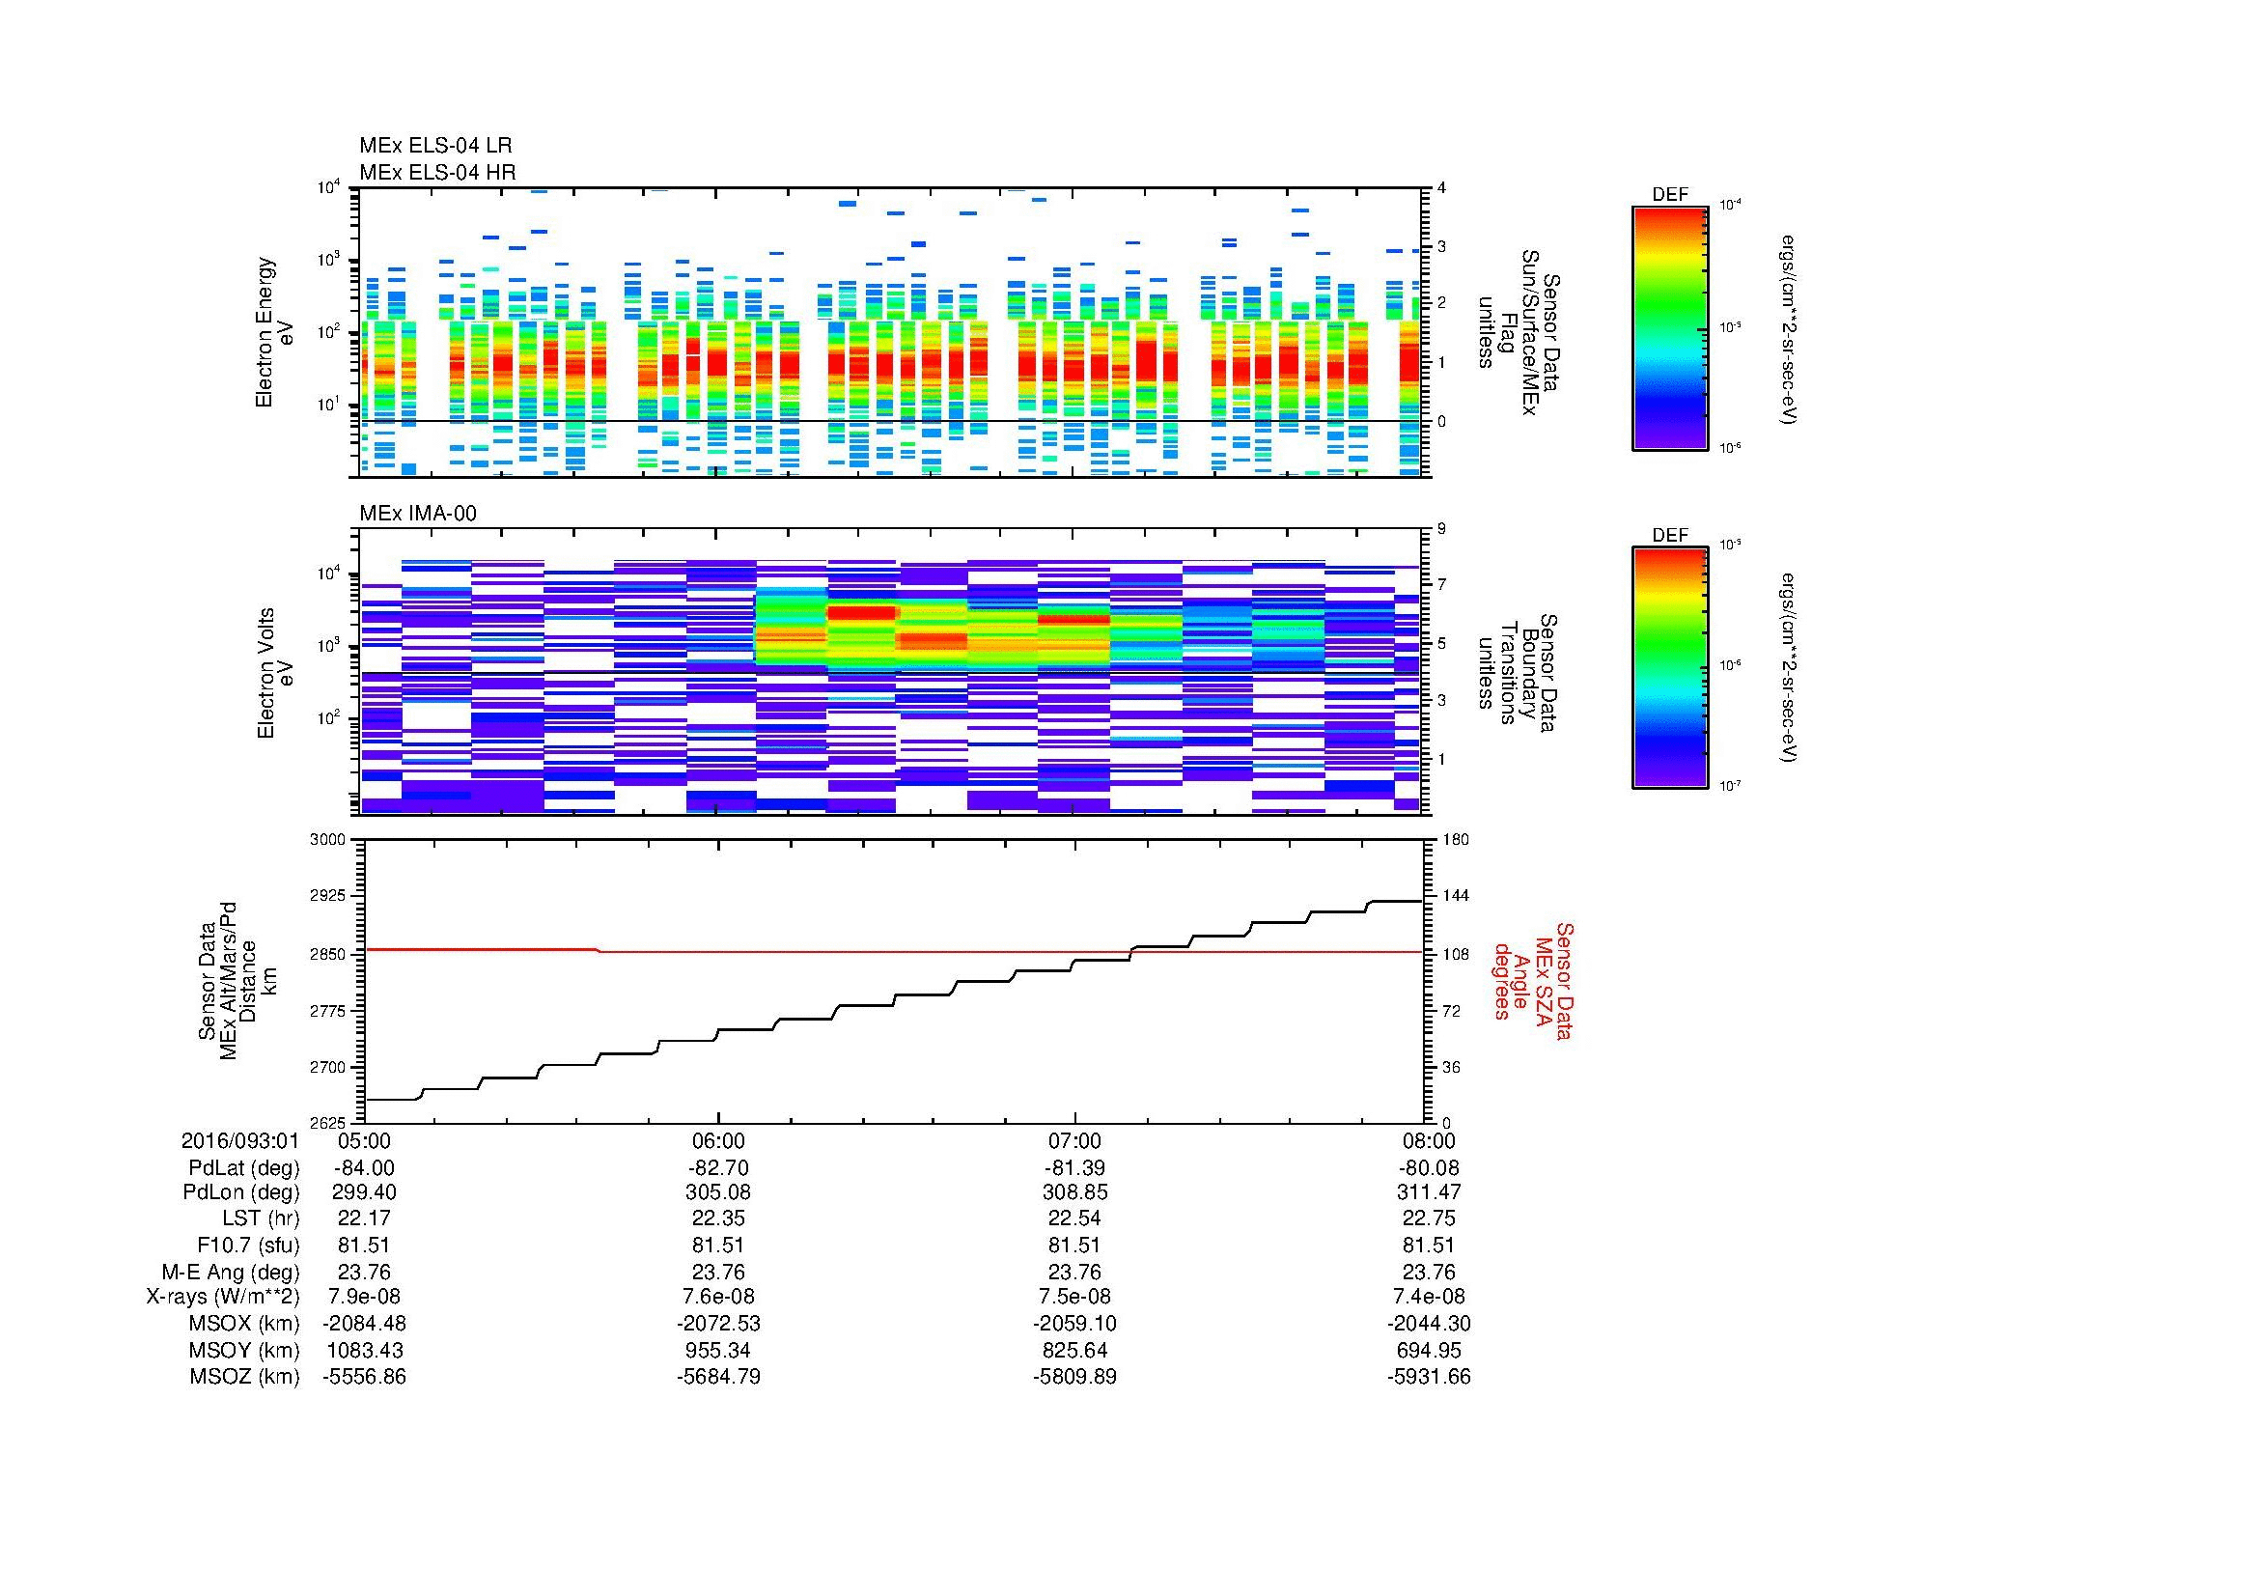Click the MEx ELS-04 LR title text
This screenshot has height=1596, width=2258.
coord(434,146)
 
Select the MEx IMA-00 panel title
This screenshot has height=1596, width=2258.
coord(418,514)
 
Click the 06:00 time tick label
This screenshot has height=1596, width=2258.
coord(718,1141)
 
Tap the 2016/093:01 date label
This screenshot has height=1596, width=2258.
coord(239,1141)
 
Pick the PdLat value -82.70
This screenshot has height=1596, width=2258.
coord(718,1168)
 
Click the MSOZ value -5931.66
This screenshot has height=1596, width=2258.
coord(1429,1377)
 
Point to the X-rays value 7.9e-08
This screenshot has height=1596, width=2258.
coord(364,1297)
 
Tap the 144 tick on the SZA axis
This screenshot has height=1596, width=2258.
coord(1455,896)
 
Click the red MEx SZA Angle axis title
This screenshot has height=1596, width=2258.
coord(1532,981)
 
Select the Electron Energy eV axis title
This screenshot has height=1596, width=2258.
coord(275,332)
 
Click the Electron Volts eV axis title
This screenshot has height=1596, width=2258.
coord(275,673)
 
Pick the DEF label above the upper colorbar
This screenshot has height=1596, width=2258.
coord(1669,195)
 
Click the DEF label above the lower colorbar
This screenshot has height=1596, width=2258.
coord(1669,535)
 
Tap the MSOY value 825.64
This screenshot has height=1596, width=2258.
coord(1073,1350)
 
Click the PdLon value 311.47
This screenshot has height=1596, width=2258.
coord(1429,1192)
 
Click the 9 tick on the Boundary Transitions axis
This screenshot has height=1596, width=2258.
coord(1441,529)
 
